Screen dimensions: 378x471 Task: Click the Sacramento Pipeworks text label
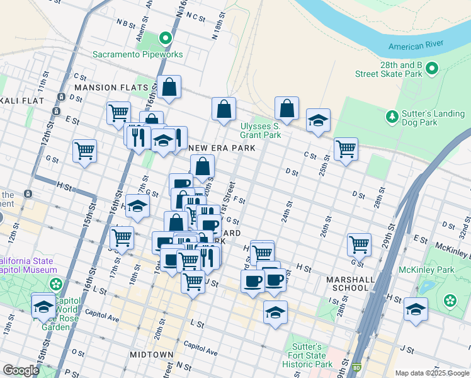pyautogui.click(x=137, y=54)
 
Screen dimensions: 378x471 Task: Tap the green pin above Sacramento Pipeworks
pyautogui.click(x=166, y=39)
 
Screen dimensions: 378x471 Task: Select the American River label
pyautogui.click(x=416, y=46)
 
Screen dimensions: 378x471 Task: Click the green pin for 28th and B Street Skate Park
pyautogui.click(x=432, y=68)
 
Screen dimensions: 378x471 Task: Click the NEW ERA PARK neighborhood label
pyautogui.click(x=222, y=148)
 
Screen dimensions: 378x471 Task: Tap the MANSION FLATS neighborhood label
pyautogui.click(x=111, y=88)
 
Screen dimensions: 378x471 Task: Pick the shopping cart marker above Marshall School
pyautogui.click(x=359, y=244)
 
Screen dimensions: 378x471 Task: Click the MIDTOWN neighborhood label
pyautogui.click(x=151, y=355)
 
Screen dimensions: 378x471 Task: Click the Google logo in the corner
pyautogui.click(x=21, y=370)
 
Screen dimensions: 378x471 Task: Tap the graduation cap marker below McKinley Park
pyautogui.click(x=416, y=309)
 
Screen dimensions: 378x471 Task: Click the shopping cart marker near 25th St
pyautogui.click(x=346, y=149)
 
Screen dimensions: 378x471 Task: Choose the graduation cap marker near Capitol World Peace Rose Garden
pyautogui.click(x=43, y=306)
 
